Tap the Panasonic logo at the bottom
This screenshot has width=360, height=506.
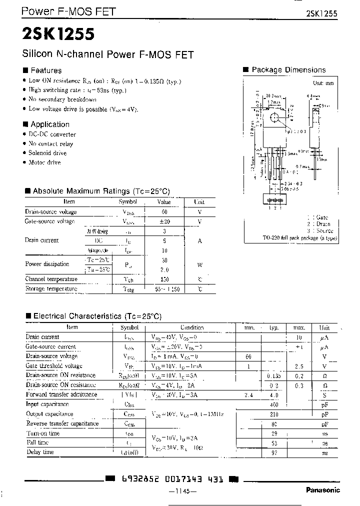tap(322, 490)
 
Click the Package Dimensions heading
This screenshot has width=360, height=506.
tap(288, 70)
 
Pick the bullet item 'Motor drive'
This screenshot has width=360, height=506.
tap(44, 162)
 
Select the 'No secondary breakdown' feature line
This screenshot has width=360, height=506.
tap(62, 99)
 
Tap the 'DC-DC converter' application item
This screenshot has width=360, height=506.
tap(52, 134)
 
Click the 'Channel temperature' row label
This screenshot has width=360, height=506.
tap(51, 279)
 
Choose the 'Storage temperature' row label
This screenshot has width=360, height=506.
tap(51, 289)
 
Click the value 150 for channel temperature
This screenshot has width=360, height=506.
tap(164, 279)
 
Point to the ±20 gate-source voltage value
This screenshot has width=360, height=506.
tap(164, 221)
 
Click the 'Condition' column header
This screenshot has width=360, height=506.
tap(192, 327)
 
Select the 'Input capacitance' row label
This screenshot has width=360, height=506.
tap(47, 404)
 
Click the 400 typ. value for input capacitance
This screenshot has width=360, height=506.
tap(273, 404)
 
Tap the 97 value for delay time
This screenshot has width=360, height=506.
tap(273, 452)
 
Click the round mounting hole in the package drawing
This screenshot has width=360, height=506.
tap(273, 118)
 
